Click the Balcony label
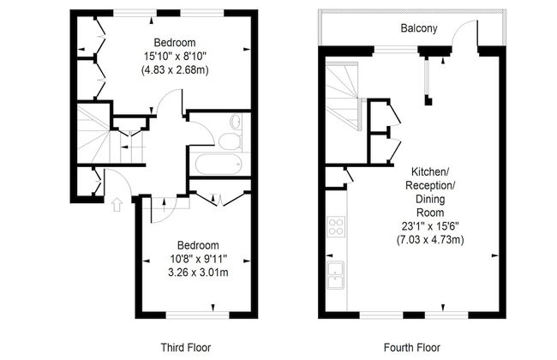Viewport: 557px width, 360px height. tap(419, 28)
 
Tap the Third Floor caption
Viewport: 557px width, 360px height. tap(186, 347)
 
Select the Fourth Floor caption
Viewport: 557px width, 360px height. tap(412, 347)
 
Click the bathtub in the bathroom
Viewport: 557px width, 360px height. tap(219, 164)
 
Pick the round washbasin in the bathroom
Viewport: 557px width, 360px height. tap(236, 122)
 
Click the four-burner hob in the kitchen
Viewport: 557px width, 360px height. tap(336, 226)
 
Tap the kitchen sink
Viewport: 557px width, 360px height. tap(335, 275)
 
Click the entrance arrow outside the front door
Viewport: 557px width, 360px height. tap(117, 205)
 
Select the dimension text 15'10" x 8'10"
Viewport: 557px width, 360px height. tap(175, 57)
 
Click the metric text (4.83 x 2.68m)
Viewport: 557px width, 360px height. tap(175, 70)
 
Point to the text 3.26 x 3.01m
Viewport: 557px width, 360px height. tap(198, 273)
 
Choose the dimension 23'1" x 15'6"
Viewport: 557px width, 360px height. tap(430, 226)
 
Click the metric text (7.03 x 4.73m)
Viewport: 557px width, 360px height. tap(430, 240)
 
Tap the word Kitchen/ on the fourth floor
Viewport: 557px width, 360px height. tap(430, 172)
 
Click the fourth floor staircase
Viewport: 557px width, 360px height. tap(343, 97)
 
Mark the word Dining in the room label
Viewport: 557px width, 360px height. tap(430, 199)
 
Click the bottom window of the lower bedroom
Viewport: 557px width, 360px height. tap(197, 315)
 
